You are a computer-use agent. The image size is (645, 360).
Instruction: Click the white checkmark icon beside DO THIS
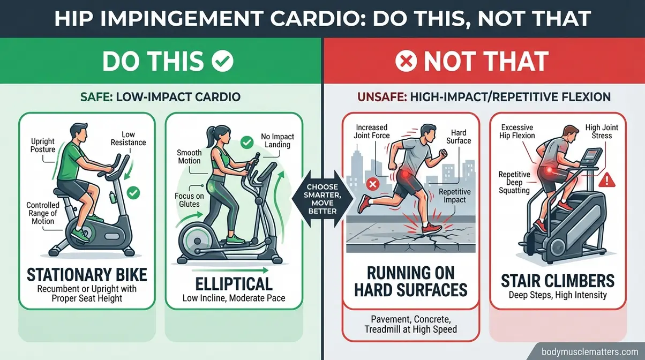click(x=222, y=62)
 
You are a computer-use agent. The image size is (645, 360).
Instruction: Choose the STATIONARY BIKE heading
click(x=86, y=275)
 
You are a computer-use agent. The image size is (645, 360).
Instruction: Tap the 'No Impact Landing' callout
click(x=277, y=140)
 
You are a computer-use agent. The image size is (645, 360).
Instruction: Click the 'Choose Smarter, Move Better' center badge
click(x=322, y=199)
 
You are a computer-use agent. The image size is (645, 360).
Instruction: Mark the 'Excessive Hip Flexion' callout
click(x=517, y=131)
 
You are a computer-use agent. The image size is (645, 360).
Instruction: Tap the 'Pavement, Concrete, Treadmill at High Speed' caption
click(x=410, y=324)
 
